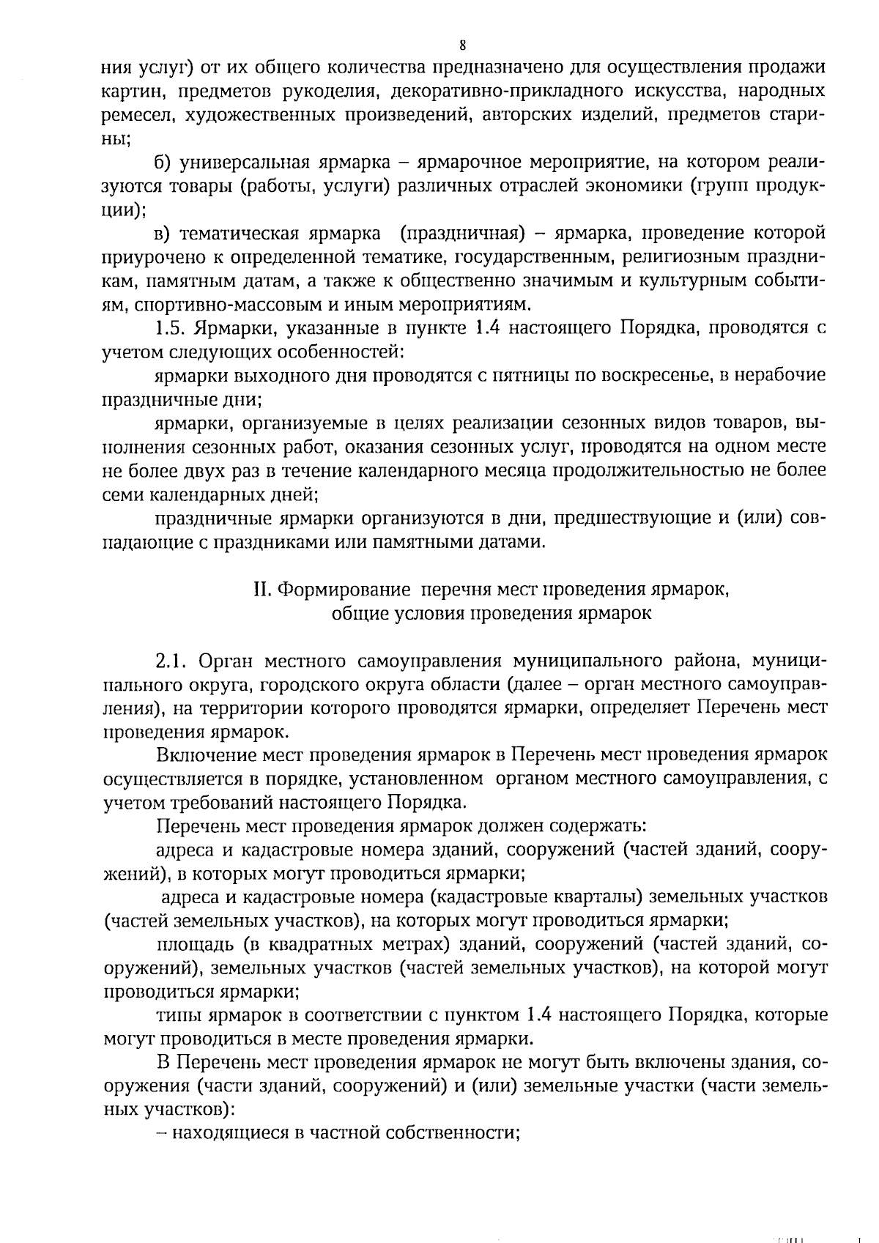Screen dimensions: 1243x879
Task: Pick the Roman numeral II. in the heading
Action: [x=262, y=590]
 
